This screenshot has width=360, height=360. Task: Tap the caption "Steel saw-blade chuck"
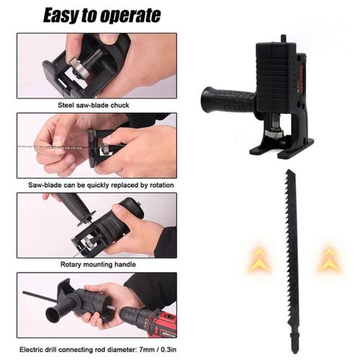[x=95, y=104]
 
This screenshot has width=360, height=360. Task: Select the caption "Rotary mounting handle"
[x=96, y=264]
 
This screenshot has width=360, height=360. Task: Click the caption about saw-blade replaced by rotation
[x=96, y=185]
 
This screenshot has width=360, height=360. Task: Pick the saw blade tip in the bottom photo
[x=29, y=294]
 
